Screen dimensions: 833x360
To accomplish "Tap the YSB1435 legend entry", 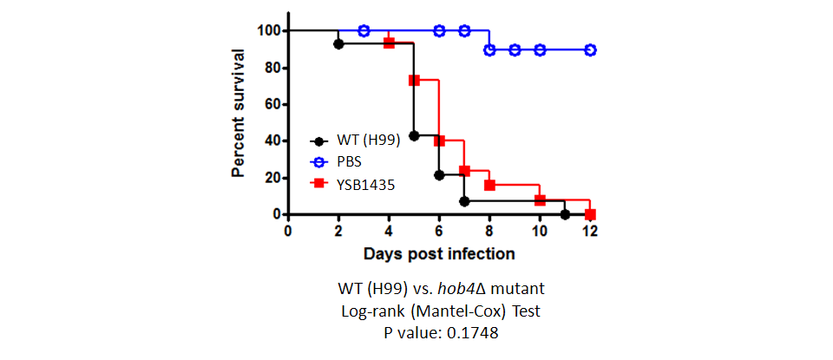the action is (353, 184).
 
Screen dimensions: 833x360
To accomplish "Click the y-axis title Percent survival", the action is (238, 113).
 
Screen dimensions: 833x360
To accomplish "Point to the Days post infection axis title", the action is (439, 254).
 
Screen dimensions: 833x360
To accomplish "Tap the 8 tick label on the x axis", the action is (489, 232).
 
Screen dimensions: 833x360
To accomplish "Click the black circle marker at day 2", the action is (338, 44).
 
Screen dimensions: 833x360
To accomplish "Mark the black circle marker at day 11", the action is (565, 214).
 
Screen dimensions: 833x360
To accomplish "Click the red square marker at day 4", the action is (389, 43).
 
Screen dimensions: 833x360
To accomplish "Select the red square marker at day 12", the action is (590, 214).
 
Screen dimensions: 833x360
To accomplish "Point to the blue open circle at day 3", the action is (364, 31).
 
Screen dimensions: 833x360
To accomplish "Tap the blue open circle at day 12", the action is (590, 50).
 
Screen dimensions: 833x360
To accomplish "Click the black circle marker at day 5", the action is (414, 136).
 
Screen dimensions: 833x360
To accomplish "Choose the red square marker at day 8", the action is (489, 186).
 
